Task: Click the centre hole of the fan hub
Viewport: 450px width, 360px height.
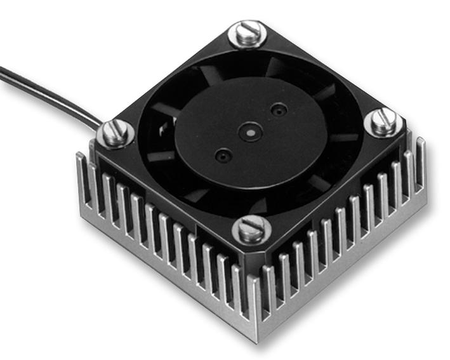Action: [x=249, y=133]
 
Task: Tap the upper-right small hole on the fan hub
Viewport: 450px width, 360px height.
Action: [x=277, y=110]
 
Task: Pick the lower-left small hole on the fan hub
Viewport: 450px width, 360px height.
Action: [x=223, y=154]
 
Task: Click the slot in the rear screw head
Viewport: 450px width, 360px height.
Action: [x=249, y=30]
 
